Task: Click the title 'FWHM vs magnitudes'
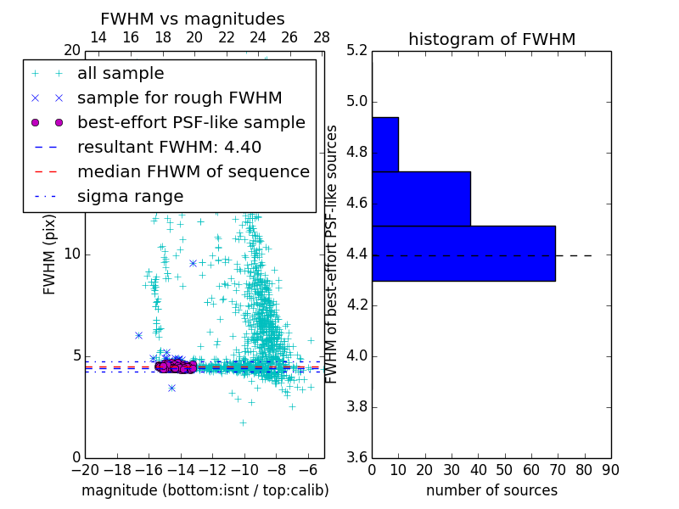point(193,20)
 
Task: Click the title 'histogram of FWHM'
point(491,39)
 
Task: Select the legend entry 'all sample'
point(121,74)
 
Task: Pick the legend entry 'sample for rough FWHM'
point(179,98)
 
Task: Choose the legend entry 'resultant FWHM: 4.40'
point(169,147)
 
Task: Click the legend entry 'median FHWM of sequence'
point(193,171)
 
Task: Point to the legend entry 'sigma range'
point(130,196)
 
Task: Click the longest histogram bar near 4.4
point(463,253)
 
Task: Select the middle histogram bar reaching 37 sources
point(421,199)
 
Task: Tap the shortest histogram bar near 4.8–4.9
point(385,144)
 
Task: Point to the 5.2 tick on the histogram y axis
point(357,51)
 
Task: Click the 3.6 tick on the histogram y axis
point(357,457)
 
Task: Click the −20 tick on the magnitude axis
point(86,469)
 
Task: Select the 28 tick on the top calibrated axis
point(322,38)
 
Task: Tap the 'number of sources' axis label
point(491,490)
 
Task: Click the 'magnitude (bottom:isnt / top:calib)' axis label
point(205,490)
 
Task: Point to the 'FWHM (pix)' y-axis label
point(50,255)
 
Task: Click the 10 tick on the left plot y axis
point(73,255)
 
